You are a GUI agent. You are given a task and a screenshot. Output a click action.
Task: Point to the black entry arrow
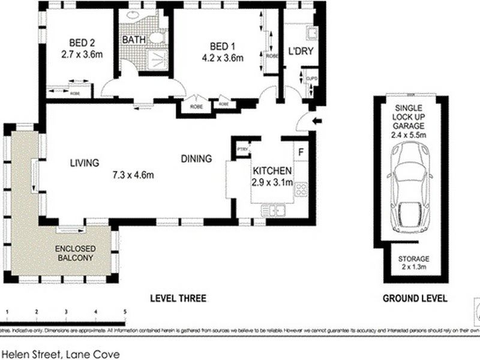(317, 122)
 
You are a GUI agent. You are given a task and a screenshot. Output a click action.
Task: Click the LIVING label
(83, 162)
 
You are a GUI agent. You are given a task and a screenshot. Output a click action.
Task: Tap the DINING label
(196, 159)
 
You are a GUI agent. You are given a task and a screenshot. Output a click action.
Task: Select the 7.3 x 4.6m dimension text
(133, 175)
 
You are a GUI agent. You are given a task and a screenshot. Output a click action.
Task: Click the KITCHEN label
(272, 170)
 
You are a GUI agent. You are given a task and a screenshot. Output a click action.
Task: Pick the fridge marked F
(301, 151)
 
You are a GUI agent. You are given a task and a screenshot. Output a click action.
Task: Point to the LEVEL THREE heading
(178, 298)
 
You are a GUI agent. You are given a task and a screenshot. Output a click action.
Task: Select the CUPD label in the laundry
(311, 79)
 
